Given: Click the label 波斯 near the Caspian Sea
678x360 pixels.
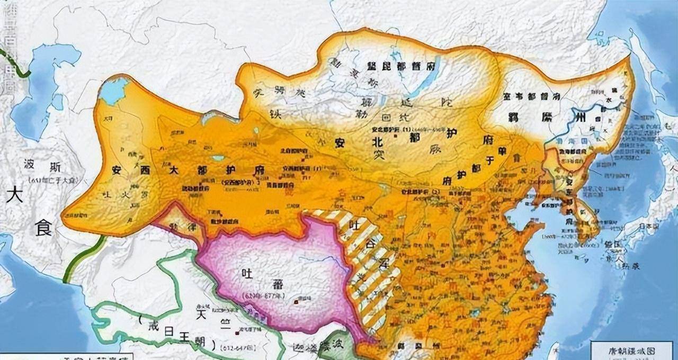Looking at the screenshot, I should pos(44,168).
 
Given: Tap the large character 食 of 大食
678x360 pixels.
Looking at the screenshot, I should pos(43,229).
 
